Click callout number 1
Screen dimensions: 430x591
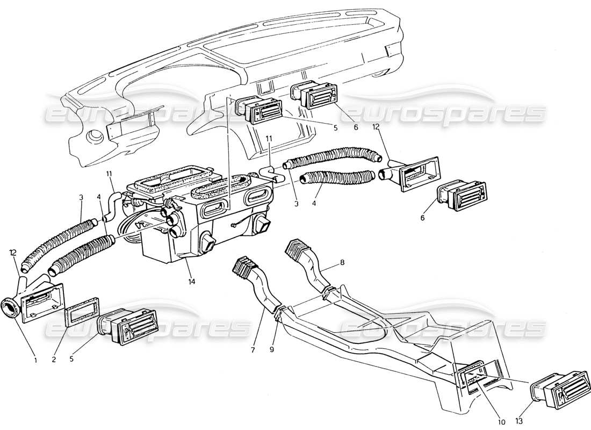coord(35,360)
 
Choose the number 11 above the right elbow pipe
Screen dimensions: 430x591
coord(269,139)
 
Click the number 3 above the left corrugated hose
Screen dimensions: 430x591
coord(81,198)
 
